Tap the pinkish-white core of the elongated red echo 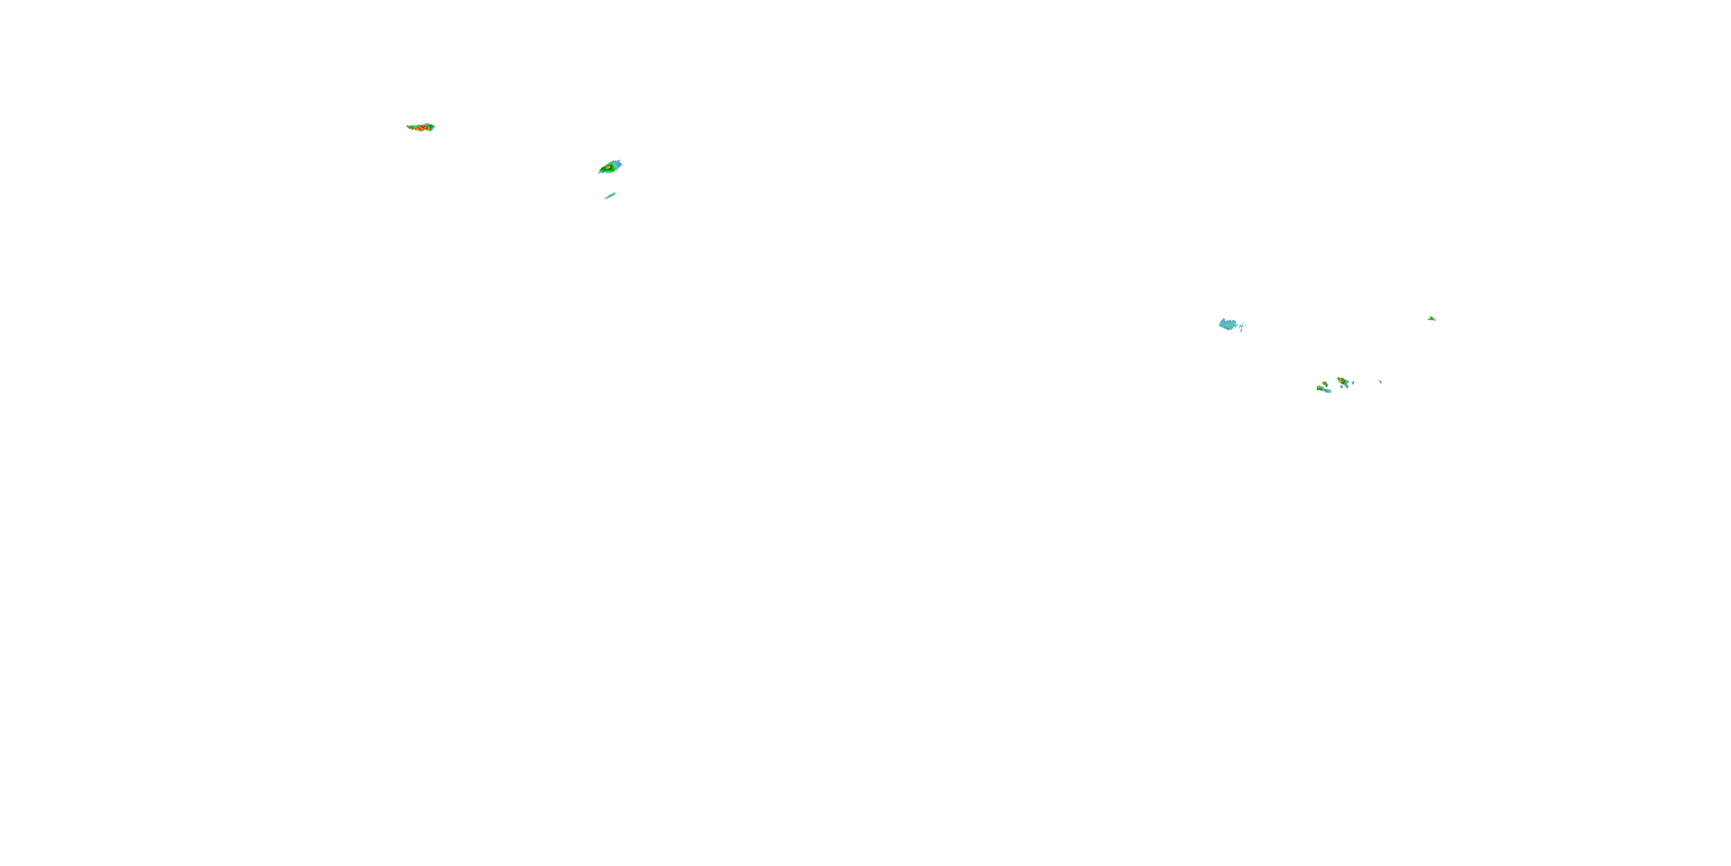point(425,128)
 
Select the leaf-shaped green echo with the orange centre point(609,167)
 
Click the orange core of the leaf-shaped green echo point(608,167)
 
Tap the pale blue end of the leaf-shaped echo point(617,163)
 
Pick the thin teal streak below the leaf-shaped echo point(610,196)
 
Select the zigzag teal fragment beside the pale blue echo point(1242,326)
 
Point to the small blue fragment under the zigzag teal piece point(1242,331)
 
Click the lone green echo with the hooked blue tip point(1433,319)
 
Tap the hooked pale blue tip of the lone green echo point(1428,319)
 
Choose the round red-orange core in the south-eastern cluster point(1342,380)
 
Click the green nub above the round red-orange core point(1339,379)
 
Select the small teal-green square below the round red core point(1342,387)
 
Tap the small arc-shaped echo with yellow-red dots point(1325,385)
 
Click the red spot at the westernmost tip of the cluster point(1318,389)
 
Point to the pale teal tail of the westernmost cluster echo point(1329,391)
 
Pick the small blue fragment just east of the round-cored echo point(1353,383)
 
